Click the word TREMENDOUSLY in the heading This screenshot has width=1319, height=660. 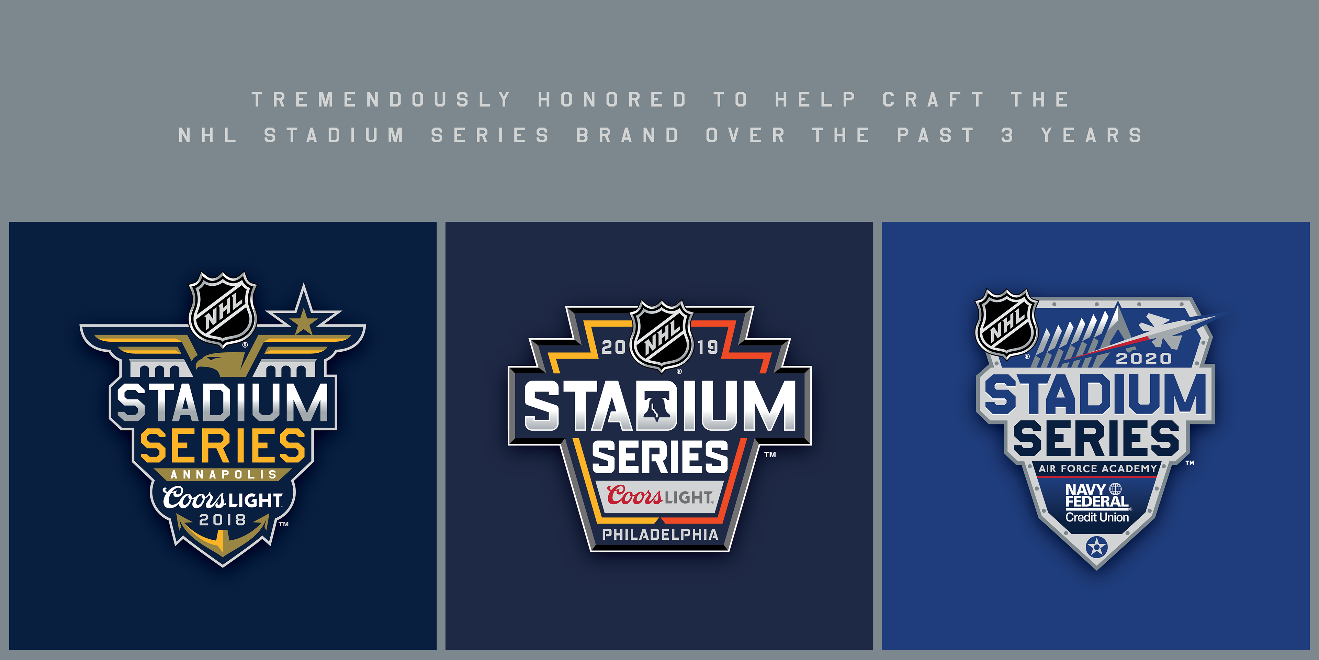pyautogui.click(x=382, y=99)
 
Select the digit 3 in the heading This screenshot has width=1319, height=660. pyautogui.click(x=1007, y=135)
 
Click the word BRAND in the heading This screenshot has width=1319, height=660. pyautogui.click(x=628, y=135)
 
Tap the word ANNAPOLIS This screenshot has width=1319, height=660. pyautogui.click(x=223, y=474)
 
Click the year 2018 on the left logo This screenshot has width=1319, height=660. pyautogui.click(x=223, y=520)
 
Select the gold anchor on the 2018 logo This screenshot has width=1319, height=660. pyautogui.click(x=223, y=536)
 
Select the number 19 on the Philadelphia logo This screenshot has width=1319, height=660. pyautogui.click(x=708, y=348)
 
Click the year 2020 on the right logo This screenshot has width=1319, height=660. pyautogui.click(x=1143, y=358)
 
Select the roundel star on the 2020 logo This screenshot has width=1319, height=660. pyautogui.click(x=1097, y=547)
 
